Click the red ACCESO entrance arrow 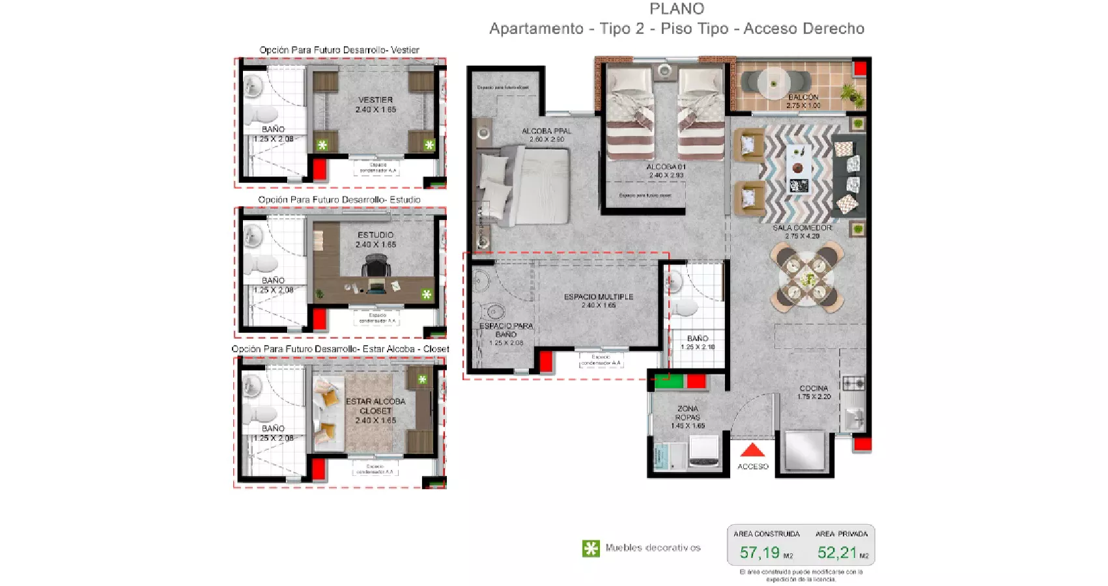pyautogui.click(x=752, y=450)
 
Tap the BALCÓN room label pyautogui.click(x=803, y=97)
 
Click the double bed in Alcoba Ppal pyautogui.click(x=528, y=186)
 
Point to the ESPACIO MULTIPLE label pyautogui.click(x=599, y=297)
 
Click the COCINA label pyautogui.click(x=814, y=388)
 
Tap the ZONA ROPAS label pyautogui.click(x=687, y=413)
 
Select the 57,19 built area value pyautogui.click(x=760, y=553)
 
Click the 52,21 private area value pyautogui.click(x=837, y=553)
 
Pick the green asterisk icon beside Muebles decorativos pyautogui.click(x=590, y=548)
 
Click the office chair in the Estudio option pyautogui.click(x=376, y=267)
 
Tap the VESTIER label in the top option pyautogui.click(x=375, y=100)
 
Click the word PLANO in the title pyautogui.click(x=677, y=9)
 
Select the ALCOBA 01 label pyautogui.click(x=666, y=167)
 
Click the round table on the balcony pyautogui.click(x=773, y=83)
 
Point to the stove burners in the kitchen pyautogui.click(x=853, y=383)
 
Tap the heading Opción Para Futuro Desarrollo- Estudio pyautogui.click(x=339, y=200)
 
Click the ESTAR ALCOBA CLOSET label pyautogui.click(x=375, y=406)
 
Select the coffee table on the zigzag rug pyautogui.click(x=799, y=169)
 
